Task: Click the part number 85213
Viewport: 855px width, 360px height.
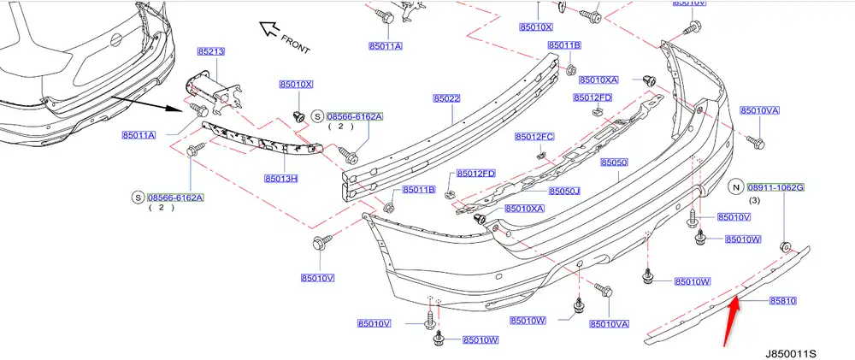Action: (x=210, y=52)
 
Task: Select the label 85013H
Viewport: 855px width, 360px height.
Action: (x=280, y=180)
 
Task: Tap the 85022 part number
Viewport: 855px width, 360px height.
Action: (x=446, y=99)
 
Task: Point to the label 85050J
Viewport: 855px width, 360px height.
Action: (x=563, y=192)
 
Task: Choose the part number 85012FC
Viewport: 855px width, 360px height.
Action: (x=534, y=137)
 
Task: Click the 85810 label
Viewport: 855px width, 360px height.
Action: (x=782, y=301)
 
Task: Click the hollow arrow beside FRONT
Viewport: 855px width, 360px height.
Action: (x=272, y=30)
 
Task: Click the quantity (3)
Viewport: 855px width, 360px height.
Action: (x=753, y=200)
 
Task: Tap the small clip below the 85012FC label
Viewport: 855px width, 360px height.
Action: (x=541, y=155)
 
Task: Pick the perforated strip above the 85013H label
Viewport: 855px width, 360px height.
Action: (x=261, y=142)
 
